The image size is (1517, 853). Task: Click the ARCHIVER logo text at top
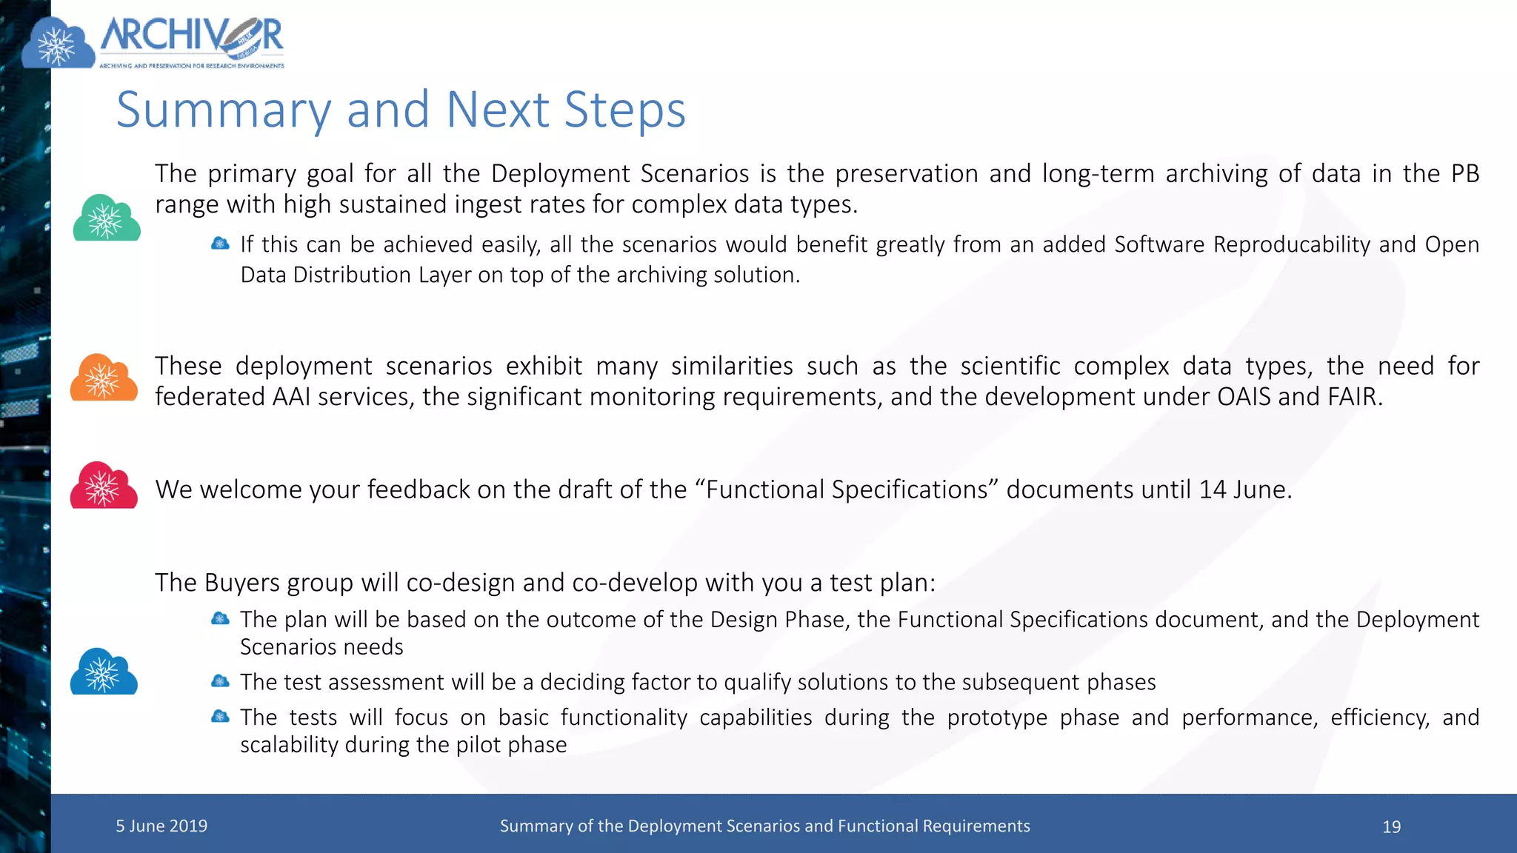point(191,37)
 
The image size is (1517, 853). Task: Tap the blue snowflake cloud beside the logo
point(58,44)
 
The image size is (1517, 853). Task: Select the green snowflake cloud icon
point(106,218)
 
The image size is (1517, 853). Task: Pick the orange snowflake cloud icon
point(104,378)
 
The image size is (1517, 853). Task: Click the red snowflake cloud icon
point(104,486)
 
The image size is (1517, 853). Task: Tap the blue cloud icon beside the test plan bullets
point(104,672)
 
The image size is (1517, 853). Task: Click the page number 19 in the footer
point(1391,826)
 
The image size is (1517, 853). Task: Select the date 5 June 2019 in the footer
point(161,826)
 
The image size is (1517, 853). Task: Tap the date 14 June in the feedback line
point(1244,489)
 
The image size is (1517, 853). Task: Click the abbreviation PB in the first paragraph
point(1464,173)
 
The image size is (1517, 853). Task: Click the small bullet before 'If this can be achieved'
point(220,244)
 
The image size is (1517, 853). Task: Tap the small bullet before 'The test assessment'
point(220,681)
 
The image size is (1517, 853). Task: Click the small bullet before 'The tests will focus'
point(220,716)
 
